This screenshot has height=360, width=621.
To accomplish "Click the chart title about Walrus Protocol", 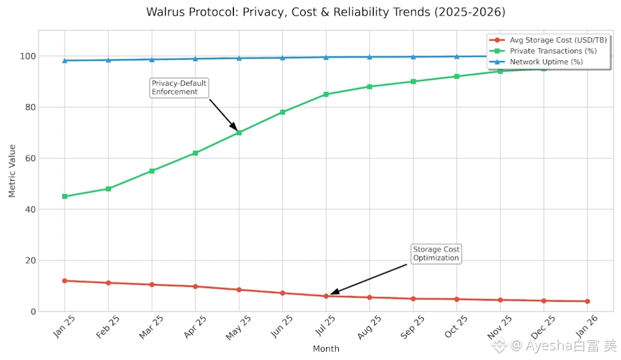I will pos(325,12).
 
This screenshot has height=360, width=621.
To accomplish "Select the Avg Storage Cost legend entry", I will pos(549,40).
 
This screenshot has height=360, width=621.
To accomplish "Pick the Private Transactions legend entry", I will pos(549,51).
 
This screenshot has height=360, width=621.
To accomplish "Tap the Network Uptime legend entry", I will pos(549,62).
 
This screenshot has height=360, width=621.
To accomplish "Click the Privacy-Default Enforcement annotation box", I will pos(179,87).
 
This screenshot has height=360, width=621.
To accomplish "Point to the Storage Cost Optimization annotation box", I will pos(436,254).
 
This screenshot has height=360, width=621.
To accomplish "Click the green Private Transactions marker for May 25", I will pos(239,133).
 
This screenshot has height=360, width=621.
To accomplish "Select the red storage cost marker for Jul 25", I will pos(326,296).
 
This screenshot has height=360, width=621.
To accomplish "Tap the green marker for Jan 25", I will pos(64,196).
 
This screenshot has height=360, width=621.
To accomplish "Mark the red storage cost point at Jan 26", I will pos(587,301).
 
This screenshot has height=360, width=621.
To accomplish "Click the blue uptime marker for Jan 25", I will pos(64,60).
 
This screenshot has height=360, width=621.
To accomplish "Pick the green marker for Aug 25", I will pos(369,87).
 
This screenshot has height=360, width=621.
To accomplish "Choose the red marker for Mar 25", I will pos(152,285).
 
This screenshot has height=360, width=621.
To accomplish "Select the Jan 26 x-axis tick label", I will pos(586,327).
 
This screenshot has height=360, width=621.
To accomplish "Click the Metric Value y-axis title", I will pos(12,171).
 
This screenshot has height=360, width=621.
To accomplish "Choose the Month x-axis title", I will pos(326,348).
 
